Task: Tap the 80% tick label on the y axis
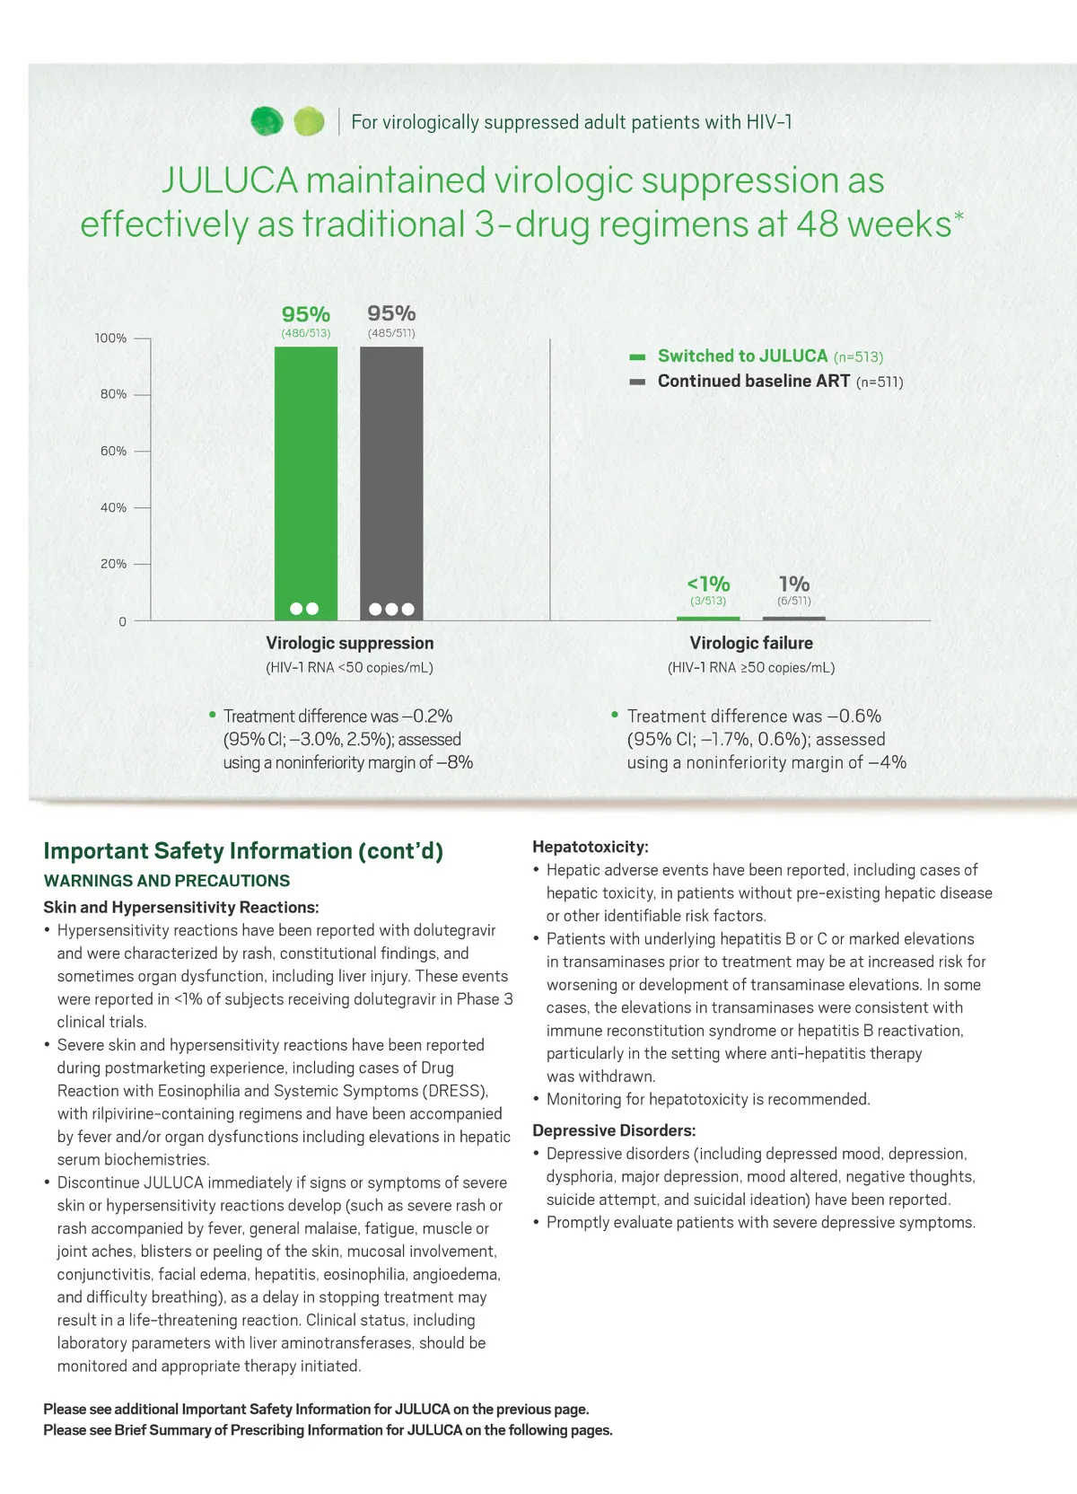coord(113,394)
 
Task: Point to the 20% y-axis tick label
coord(113,564)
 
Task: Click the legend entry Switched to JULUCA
coord(742,356)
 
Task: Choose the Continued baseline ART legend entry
coord(753,381)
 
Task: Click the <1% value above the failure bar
coord(708,584)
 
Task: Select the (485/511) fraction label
coord(391,333)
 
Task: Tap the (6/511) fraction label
coord(794,601)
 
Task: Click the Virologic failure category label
coord(751,643)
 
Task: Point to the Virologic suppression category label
coord(349,643)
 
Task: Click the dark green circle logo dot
coord(267,121)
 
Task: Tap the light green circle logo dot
coord(309,121)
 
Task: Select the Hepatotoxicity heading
coord(590,847)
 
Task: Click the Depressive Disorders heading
coord(614,1130)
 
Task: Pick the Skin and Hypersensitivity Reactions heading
coord(180,907)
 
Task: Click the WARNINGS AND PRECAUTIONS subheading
coord(166,881)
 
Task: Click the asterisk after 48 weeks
coord(959,216)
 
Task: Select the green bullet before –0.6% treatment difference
coord(615,715)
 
